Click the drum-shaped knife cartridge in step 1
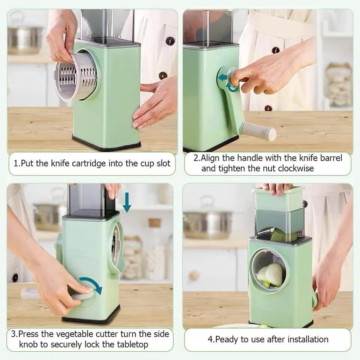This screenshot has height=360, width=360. (x=76, y=77)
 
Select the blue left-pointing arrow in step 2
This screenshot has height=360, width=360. (x=223, y=78)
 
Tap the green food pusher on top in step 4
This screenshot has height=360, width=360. (x=278, y=199)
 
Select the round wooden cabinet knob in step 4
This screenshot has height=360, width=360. (x=194, y=275)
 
